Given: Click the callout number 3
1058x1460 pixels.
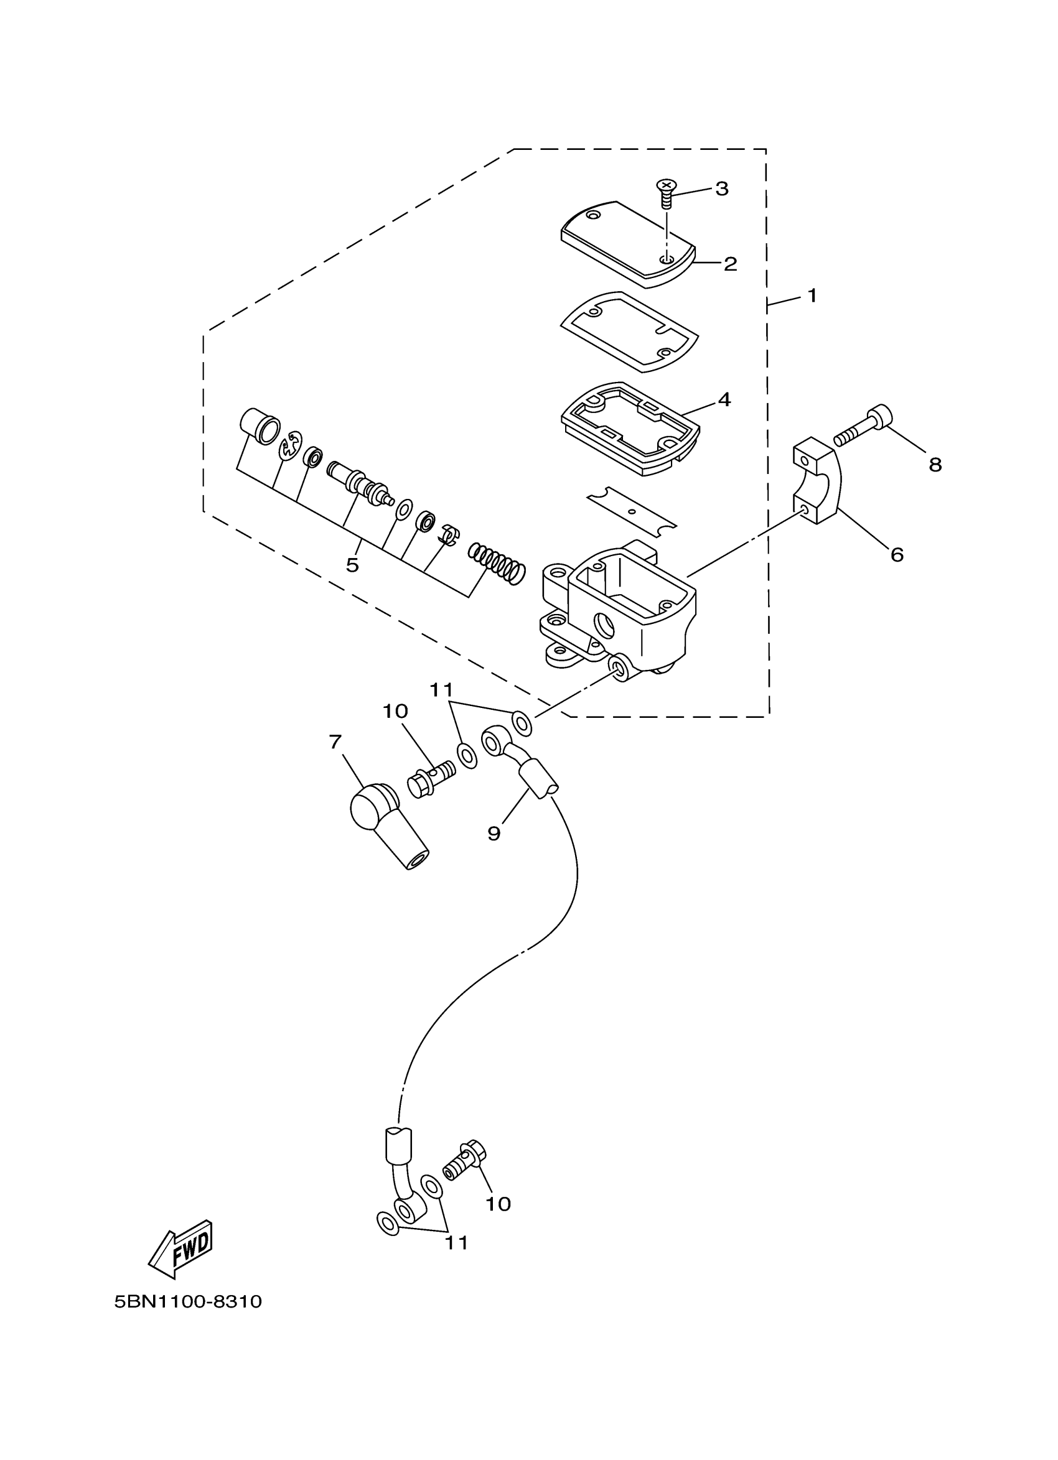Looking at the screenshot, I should click(721, 188).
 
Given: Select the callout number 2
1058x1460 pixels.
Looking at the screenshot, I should click(729, 264).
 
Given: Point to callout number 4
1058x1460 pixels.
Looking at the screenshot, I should click(724, 400).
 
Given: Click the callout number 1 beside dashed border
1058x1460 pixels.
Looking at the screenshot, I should click(812, 295).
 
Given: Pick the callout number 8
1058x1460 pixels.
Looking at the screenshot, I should click(935, 465).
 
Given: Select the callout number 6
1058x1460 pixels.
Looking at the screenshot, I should click(897, 554).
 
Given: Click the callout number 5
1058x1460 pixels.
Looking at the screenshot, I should click(352, 565).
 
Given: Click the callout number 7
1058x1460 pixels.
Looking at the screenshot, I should click(335, 742).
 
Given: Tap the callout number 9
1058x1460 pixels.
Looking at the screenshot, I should click(494, 834).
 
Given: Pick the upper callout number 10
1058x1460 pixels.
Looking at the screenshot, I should click(395, 711).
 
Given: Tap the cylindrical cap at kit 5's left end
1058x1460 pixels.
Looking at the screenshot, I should click(260, 426).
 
